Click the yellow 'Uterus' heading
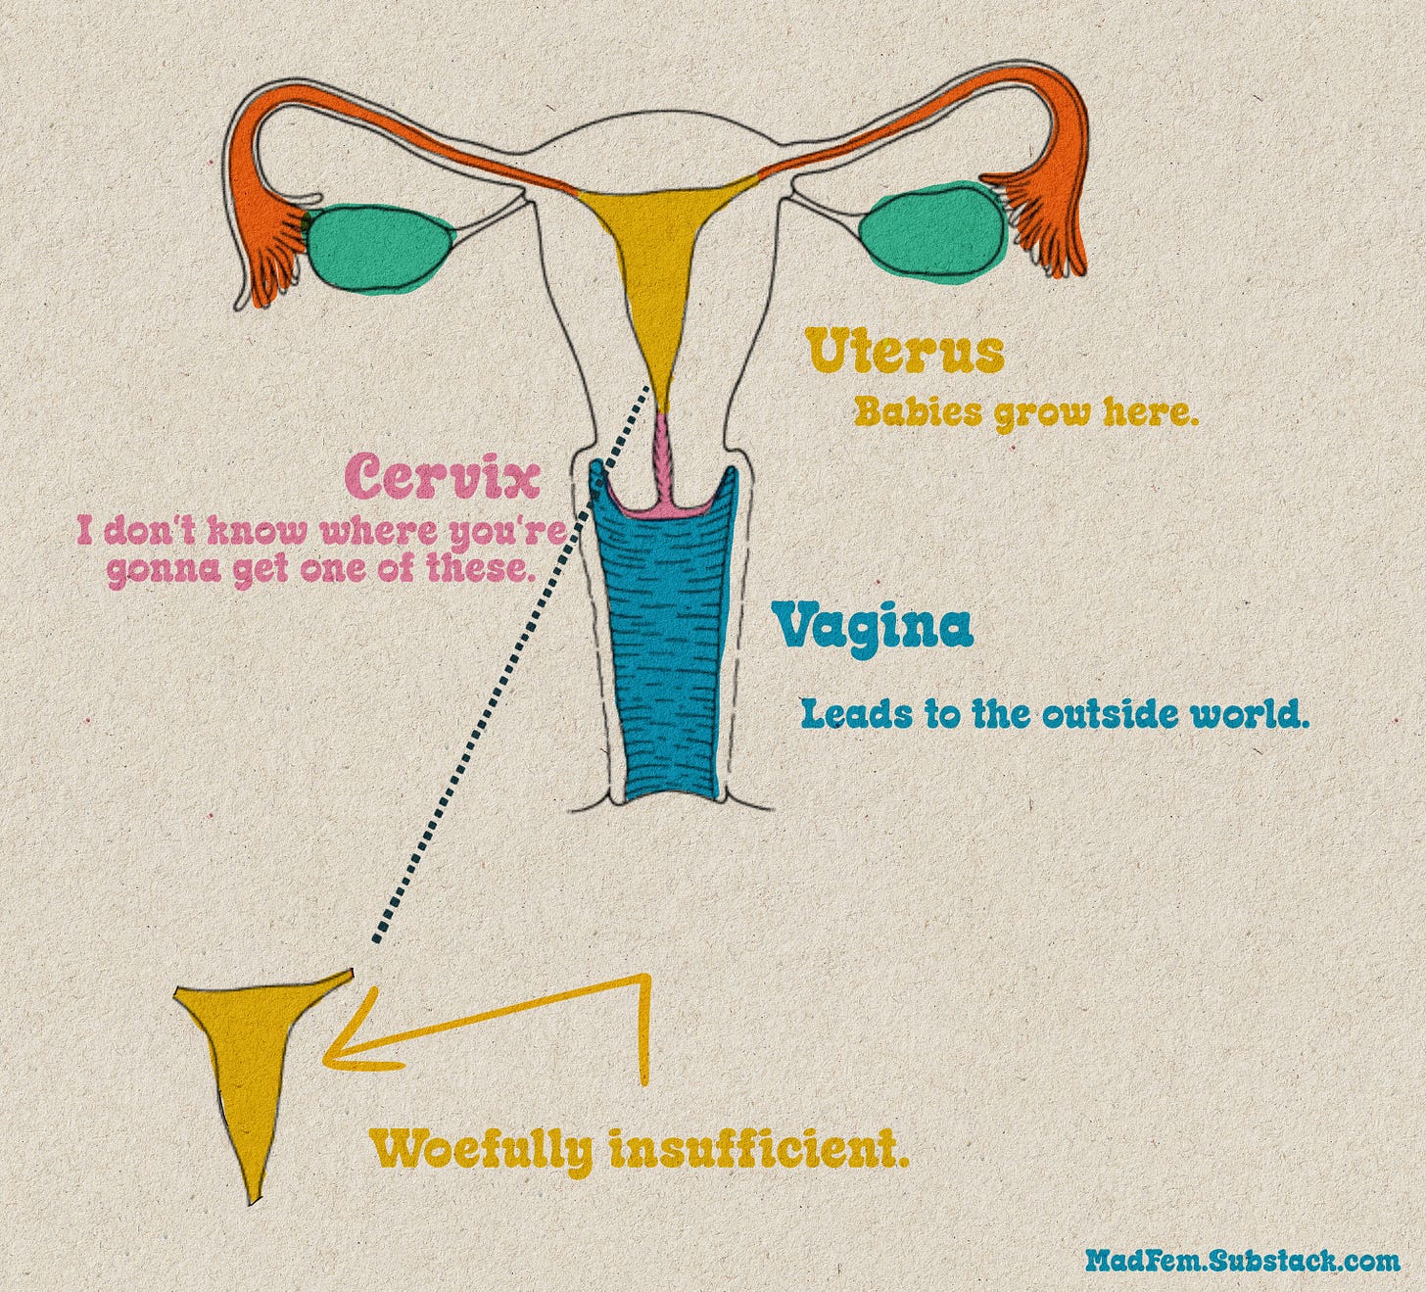pos(904,353)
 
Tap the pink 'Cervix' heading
pos(443,478)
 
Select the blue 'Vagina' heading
pos(872,628)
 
